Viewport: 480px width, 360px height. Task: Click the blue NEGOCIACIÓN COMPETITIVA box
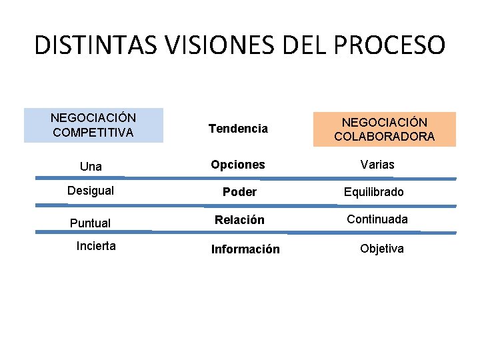(93, 125)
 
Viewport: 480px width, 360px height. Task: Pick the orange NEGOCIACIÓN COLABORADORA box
(385, 129)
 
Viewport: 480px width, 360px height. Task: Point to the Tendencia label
(238, 128)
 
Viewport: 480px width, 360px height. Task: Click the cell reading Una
(91, 166)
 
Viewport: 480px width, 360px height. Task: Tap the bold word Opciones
(238, 164)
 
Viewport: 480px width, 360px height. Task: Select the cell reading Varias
(377, 164)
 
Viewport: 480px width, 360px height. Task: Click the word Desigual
(91, 191)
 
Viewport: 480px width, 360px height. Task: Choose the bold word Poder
(239, 192)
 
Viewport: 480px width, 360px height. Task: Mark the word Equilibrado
(374, 192)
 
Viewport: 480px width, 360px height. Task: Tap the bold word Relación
(239, 219)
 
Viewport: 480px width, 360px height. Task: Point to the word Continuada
(377, 219)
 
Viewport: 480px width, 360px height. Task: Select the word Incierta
(96, 246)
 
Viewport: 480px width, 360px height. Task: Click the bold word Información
(245, 249)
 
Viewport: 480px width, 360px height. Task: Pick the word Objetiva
(382, 249)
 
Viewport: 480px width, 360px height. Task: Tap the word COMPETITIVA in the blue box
(93, 133)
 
